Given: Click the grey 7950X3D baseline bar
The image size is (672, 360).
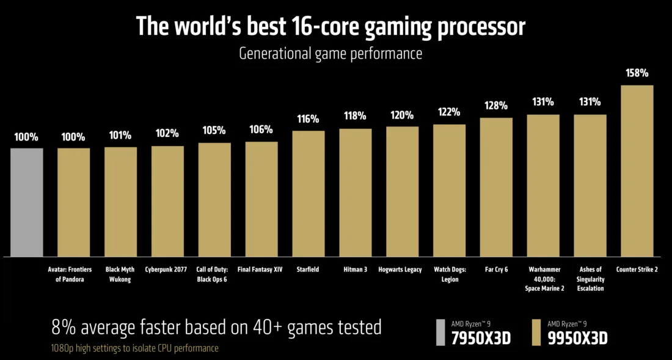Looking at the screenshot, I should point(27,202).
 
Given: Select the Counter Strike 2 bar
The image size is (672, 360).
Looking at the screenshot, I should point(637,171).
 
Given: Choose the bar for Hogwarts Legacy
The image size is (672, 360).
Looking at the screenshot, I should point(403,191).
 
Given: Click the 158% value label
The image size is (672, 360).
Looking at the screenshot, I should point(637,73).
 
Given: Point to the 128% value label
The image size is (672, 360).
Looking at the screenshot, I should point(496,106).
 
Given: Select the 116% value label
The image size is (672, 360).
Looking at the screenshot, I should point(309,119).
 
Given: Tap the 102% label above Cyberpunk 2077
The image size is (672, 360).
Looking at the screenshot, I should point(167,133).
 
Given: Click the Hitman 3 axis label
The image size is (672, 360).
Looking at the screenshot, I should point(356,270).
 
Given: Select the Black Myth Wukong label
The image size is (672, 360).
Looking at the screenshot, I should point(120,274).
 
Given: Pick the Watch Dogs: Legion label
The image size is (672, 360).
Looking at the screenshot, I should point(450,274).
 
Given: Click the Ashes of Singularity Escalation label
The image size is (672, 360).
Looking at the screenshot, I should point(590,278).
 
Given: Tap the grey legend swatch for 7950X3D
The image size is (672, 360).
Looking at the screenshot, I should point(441,332).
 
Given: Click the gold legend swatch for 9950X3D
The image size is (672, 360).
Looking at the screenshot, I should point(536,332).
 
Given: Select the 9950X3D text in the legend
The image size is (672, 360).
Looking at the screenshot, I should point(577,337).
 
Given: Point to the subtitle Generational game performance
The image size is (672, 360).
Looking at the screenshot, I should point(331,53).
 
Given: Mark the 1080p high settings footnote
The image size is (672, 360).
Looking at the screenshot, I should point(135,348).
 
